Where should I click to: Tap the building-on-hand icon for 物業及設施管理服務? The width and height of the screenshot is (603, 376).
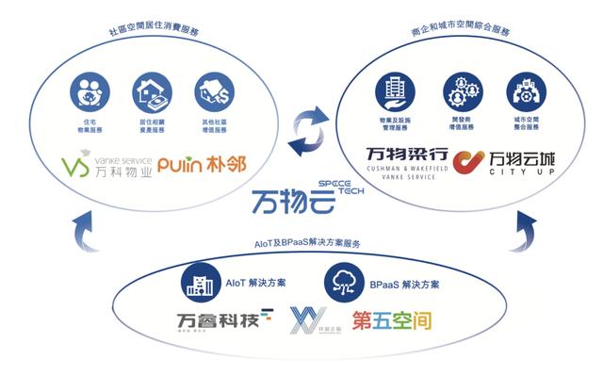(392, 91)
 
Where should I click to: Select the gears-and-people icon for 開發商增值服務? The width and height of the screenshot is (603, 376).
(457, 91)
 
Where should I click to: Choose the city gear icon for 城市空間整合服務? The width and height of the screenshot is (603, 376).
(523, 91)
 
